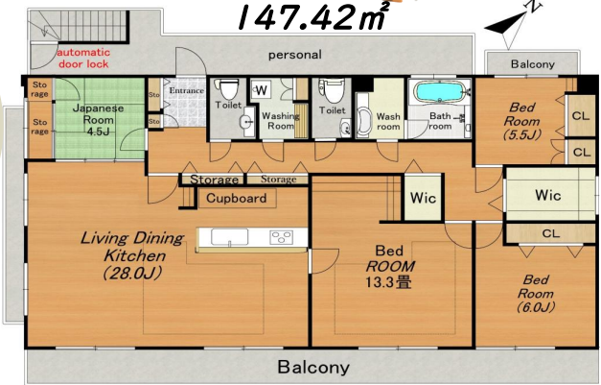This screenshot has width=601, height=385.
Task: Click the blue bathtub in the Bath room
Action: click(439, 92)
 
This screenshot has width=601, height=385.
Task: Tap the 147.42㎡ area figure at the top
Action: click(312, 16)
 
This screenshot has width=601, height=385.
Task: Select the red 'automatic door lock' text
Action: click(83, 58)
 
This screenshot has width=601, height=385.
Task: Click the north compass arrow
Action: click(513, 26)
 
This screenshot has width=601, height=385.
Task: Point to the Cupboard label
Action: click(236, 198)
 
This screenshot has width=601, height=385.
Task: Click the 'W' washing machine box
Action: click(262, 90)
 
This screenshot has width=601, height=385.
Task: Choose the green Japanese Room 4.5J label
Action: click(98, 120)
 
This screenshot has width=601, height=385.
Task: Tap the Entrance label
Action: click(187, 90)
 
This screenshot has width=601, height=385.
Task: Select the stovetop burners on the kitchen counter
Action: click(281, 237)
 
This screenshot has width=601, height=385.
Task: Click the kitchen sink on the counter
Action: click(229, 237)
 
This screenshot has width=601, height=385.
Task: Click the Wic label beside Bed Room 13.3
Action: click(423, 198)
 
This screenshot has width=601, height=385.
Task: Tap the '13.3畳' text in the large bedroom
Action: click(388, 282)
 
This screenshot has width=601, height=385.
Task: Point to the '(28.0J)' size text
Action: click(132, 274)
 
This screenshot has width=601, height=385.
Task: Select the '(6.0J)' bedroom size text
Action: click(536, 307)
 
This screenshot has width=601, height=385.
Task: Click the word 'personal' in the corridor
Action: click(295, 55)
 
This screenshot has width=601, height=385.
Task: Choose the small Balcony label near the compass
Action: click(532, 64)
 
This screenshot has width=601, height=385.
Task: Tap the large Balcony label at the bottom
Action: click(313, 367)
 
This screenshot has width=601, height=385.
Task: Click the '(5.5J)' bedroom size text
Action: click(522, 134)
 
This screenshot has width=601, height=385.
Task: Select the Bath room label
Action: click(440, 121)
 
